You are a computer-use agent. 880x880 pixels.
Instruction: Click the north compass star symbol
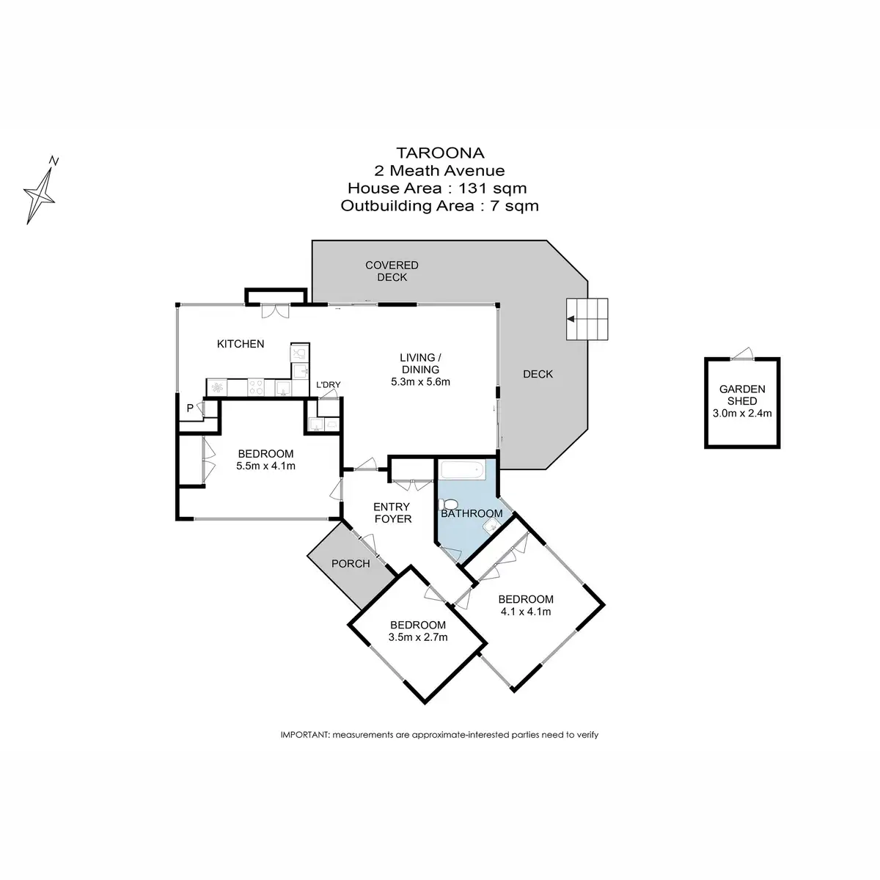pyautogui.click(x=41, y=192)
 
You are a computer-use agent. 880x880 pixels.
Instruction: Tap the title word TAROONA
pyautogui.click(x=439, y=153)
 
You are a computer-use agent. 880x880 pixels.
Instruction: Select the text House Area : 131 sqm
pyautogui.click(x=439, y=188)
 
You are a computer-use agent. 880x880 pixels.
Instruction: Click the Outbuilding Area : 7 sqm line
pyautogui.click(x=439, y=205)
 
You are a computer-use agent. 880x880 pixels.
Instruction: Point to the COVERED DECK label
pyautogui.click(x=392, y=271)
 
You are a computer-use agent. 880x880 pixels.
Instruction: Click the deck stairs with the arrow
pyautogui.click(x=587, y=319)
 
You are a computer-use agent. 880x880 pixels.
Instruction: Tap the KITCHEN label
pyautogui.click(x=240, y=343)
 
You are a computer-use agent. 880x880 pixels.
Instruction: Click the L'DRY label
pyautogui.click(x=328, y=385)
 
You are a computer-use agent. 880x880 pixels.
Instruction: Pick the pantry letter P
pyautogui.click(x=189, y=408)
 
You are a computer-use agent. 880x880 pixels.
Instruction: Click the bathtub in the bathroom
pyautogui.click(x=461, y=470)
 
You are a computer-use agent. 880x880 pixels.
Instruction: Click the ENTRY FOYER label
pyautogui.click(x=392, y=513)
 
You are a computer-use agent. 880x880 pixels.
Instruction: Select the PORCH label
pyautogui.click(x=350, y=564)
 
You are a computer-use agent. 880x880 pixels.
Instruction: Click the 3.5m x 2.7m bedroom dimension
pyautogui.click(x=418, y=637)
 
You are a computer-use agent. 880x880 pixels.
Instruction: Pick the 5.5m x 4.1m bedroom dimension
pyautogui.click(x=265, y=466)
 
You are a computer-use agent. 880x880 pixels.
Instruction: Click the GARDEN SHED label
pyautogui.click(x=742, y=395)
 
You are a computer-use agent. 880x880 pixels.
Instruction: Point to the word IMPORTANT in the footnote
pyautogui.click(x=305, y=734)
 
